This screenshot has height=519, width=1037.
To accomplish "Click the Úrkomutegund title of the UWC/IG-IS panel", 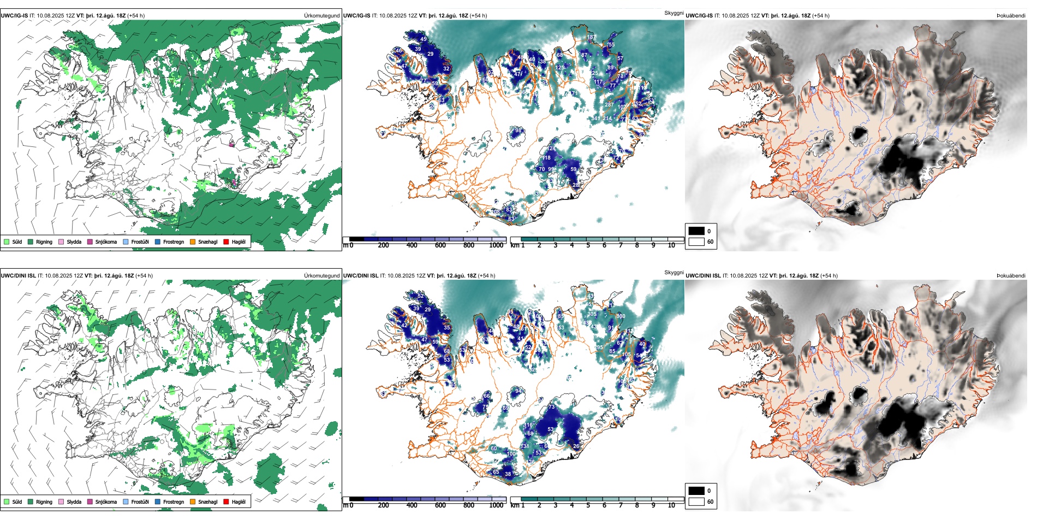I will (321, 16).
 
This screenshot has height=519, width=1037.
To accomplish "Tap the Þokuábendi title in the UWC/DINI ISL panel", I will (1011, 276).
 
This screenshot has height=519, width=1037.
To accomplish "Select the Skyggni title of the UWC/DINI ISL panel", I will (674, 272).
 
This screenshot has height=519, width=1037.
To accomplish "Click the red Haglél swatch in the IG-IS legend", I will (227, 241).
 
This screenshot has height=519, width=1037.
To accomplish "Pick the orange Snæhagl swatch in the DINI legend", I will (193, 502).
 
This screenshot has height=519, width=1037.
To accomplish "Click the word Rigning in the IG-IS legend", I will (44, 241).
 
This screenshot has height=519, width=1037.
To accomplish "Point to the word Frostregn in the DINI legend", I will (174, 502).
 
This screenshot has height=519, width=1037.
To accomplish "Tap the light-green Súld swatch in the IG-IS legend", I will (7, 241).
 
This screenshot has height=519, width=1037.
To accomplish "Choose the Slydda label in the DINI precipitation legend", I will (74, 502).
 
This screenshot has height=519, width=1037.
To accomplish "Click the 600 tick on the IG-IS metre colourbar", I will (440, 245).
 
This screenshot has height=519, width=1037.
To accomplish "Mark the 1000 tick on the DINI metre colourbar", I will (496, 505).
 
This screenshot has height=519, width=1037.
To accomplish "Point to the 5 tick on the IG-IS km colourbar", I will (588, 245).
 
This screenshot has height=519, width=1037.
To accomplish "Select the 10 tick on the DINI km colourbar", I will (671, 505).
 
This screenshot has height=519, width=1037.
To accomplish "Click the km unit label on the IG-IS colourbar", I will (515, 245).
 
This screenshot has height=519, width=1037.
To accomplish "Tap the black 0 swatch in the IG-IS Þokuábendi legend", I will (696, 231).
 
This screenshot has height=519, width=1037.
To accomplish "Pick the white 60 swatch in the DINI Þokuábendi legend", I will (696, 502).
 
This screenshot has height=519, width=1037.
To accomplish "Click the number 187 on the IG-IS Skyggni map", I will (592, 37).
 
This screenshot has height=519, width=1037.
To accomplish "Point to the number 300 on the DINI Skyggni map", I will (621, 316).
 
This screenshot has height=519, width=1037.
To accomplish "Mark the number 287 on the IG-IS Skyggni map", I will (609, 105).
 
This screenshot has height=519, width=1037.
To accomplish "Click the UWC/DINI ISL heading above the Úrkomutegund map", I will (18, 276).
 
